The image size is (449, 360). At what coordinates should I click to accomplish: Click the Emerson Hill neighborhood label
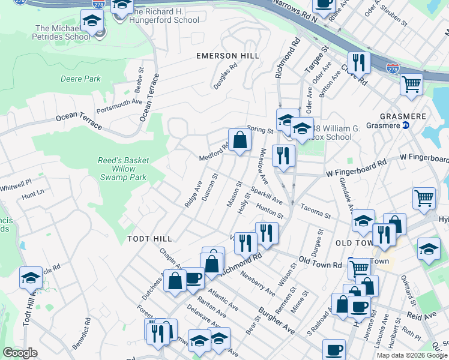pos(228,56)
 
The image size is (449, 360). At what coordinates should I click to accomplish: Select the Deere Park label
pos(80,79)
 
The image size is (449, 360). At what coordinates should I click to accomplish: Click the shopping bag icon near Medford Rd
pos(240,141)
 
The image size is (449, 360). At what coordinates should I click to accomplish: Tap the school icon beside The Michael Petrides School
pos(92,23)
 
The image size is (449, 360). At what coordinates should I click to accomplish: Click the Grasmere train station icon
pos(405,125)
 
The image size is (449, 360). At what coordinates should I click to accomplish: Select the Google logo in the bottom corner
pos(20,353)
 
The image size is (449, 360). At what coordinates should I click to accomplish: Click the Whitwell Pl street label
pos(16,181)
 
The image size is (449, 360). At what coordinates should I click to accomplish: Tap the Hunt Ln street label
pos(33,194)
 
